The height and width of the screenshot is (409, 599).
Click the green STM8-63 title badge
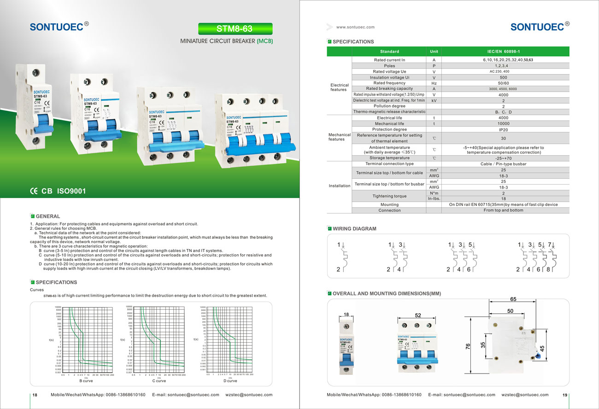tap(235, 29)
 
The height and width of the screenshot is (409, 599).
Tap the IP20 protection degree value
tap(503, 129)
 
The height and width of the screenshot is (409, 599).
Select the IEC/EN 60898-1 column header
tap(503, 52)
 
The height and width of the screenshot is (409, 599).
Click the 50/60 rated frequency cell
tap(503, 83)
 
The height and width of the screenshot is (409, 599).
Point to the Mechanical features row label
tap(339, 137)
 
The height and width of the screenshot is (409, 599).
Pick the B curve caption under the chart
tap(86, 381)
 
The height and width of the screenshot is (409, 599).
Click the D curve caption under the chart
tap(230, 381)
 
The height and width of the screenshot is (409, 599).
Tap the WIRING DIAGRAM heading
tap(354, 228)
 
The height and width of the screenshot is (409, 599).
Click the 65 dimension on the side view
tap(513, 299)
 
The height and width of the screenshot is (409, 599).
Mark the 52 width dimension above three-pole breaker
tap(417, 316)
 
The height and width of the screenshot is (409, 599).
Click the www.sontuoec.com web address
tap(355, 27)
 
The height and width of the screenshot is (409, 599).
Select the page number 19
tap(564, 395)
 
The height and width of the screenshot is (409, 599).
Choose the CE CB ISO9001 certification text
tap(58, 191)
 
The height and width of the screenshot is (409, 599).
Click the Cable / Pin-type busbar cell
tap(503, 164)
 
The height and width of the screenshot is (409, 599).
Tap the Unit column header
tap(434, 52)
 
